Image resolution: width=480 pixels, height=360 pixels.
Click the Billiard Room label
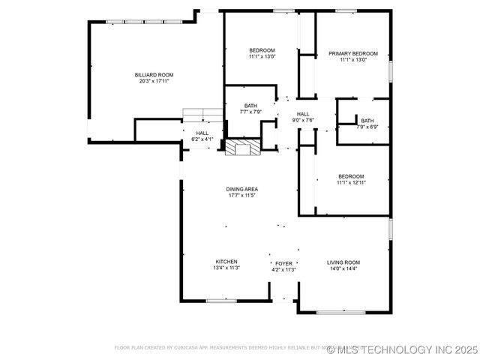(x=154, y=75)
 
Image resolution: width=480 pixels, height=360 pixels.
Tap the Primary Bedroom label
(x=353, y=54)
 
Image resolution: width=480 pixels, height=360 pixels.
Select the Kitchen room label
(x=226, y=262)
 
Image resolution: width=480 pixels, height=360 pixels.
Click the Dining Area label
(x=242, y=189)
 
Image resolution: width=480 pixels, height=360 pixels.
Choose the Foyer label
(x=283, y=264)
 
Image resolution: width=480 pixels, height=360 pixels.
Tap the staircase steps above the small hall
(x=203, y=114)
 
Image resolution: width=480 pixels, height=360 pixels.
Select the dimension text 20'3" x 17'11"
(x=155, y=81)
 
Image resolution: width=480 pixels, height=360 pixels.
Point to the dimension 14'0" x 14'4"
(x=343, y=268)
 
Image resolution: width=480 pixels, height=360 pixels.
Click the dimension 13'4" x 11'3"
(x=226, y=268)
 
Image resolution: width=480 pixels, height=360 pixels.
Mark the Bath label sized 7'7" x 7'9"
(x=250, y=112)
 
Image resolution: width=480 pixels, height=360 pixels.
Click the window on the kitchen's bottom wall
(x=222, y=301)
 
